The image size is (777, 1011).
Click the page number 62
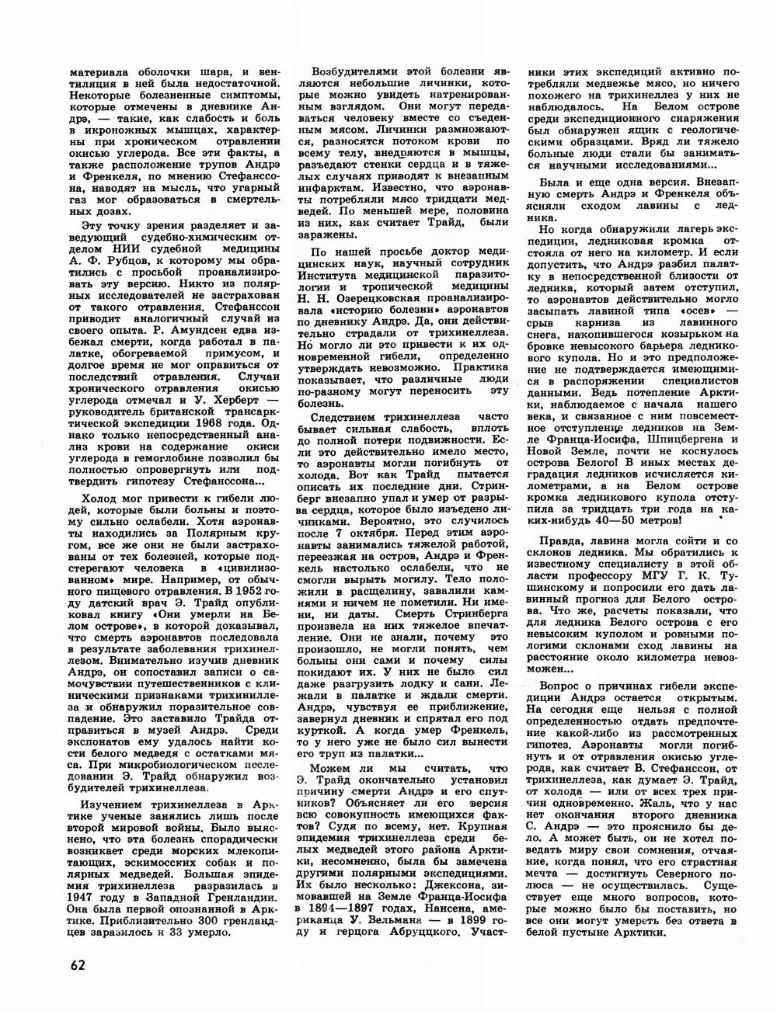point(76,965)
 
